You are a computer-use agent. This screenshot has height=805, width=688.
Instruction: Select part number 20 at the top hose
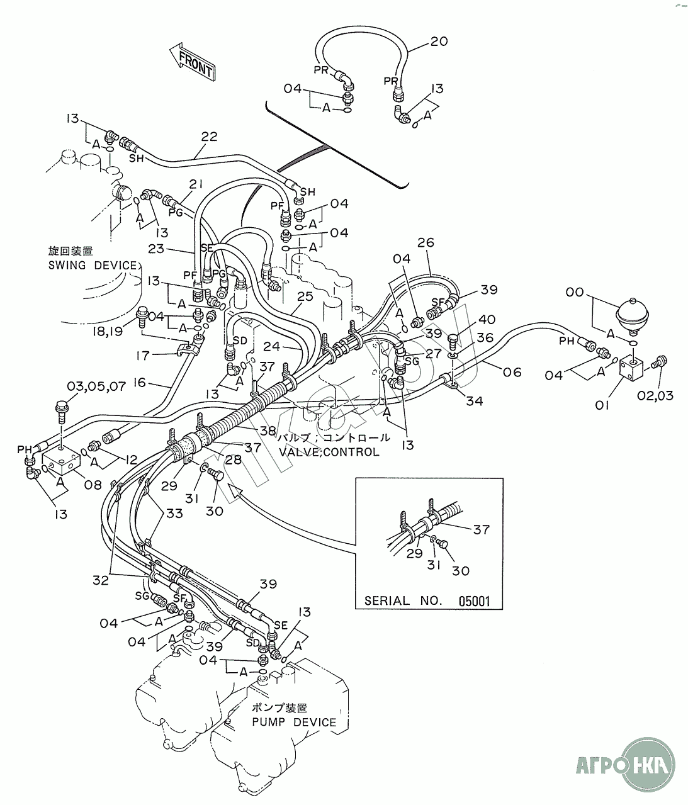[x=439, y=42]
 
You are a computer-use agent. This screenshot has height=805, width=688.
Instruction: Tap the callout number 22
[x=209, y=136]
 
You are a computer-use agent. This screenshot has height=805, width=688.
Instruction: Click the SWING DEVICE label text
[x=92, y=265]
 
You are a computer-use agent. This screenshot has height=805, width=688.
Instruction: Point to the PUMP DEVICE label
[x=294, y=722]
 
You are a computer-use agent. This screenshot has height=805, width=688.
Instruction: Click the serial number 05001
[x=474, y=600]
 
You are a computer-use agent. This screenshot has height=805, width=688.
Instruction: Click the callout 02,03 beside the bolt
[x=660, y=395]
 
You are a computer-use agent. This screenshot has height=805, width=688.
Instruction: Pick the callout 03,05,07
[x=96, y=386]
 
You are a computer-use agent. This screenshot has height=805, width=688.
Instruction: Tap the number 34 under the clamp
[x=474, y=400]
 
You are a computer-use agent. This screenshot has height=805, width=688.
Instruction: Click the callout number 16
[x=139, y=382]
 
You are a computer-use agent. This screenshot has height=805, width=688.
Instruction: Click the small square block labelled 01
[x=632, y=368]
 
